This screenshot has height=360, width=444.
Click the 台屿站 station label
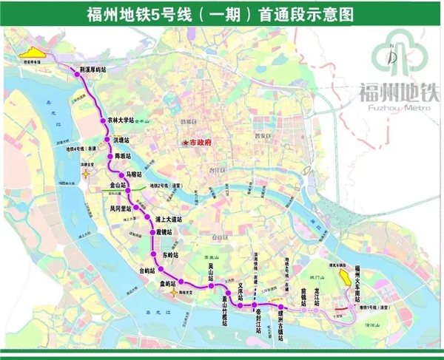tap(149, 270)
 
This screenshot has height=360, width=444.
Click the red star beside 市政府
tap(186, 142)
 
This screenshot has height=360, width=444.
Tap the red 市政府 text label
tap(201, 142)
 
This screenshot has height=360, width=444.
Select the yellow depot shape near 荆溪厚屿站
tap(35, 53)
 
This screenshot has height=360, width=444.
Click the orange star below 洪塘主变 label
tap(87, 174)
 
